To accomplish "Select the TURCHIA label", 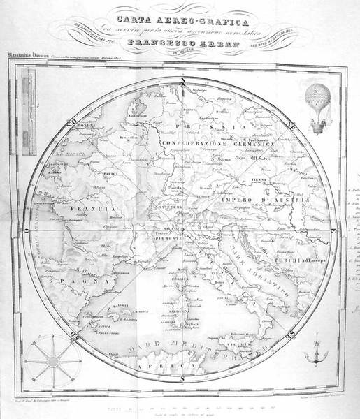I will coord(302,260).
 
